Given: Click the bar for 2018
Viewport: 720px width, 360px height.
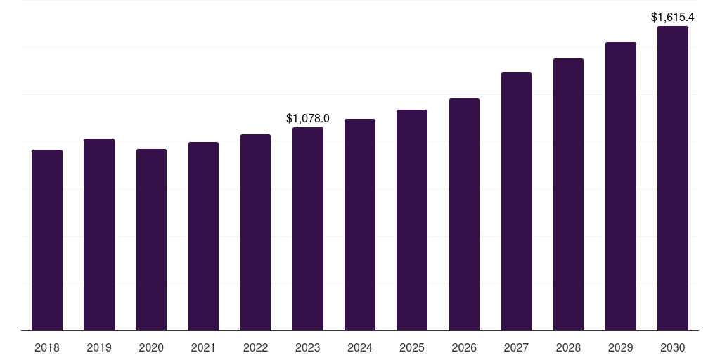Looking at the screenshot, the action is click(47, 240).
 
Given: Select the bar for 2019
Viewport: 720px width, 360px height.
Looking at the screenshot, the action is click(99, 235).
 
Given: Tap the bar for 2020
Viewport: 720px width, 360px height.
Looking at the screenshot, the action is click(152, 240).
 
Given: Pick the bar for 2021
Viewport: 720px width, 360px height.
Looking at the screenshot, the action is click(203, 236).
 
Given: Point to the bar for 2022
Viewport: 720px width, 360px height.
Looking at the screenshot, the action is click(255, 232).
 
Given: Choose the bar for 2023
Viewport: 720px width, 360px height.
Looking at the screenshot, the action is click(308, 229).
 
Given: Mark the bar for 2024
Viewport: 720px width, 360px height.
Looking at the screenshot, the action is click(360, 225).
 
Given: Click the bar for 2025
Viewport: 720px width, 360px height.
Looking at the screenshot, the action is click(412, 220).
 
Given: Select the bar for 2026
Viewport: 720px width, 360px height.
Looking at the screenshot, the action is click(464, 214).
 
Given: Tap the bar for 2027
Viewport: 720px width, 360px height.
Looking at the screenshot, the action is click(516, 202).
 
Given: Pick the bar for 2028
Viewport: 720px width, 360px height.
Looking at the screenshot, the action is click(568, 195).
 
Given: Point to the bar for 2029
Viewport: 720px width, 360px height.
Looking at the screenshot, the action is click(621, 186).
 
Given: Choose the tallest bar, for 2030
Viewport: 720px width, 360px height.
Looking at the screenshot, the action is click(673, 179).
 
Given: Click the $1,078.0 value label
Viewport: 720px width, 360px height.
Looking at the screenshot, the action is click(308, 118).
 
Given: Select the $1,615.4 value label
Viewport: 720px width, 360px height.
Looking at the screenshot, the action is click(673, 18).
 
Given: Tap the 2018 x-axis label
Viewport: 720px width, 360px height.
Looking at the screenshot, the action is click(47, 348).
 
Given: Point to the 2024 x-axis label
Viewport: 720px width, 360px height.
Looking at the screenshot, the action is click(360, 348).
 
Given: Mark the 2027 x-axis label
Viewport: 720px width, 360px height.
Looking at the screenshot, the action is click(516, 348).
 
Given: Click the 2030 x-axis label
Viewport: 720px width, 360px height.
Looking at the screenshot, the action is click(673, 348).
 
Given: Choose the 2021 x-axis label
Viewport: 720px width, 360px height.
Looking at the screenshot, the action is click(203, 348).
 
